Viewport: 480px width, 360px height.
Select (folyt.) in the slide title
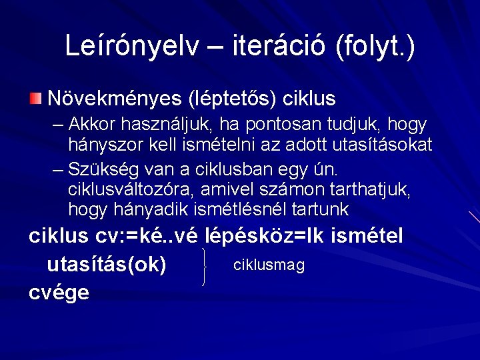click(x=375, y=46)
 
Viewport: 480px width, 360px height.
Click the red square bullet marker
click(x=35, y=99)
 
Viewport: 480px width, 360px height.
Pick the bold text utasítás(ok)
click(x=107, y=265)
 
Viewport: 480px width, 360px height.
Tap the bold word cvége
click(x=59, y=293)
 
